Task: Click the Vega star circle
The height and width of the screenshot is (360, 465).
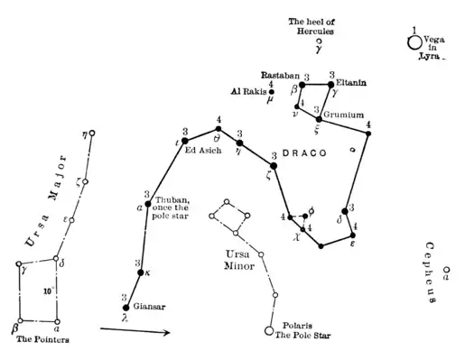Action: (415, 42)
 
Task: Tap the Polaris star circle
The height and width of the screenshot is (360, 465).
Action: (268, 331)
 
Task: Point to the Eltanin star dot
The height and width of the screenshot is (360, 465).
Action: (330, 84)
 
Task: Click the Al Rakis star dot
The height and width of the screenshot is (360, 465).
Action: (272, 91)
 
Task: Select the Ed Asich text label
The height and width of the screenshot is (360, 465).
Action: (203, 150)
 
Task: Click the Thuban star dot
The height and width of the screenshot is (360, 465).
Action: (148, 204)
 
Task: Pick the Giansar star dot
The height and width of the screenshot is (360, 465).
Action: (126, 308)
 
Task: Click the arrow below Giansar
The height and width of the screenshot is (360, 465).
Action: (135, 332)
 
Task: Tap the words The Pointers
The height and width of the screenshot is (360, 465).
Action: (42, 340)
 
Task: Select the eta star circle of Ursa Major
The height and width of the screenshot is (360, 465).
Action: (91, 134)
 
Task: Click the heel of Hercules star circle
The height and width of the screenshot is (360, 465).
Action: (317, 42)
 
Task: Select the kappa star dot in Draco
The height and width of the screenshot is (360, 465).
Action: (139, 272)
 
